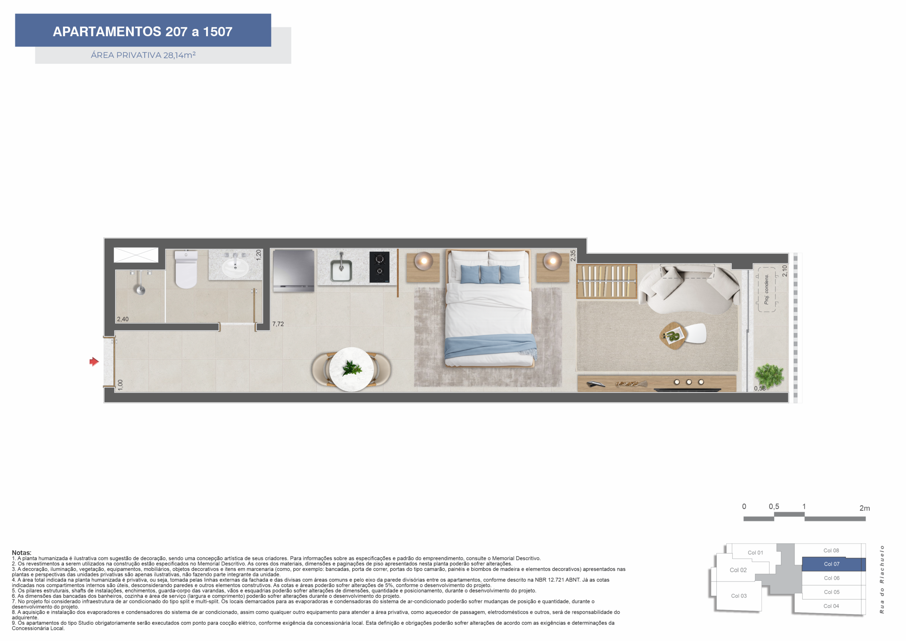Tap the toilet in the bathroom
click(x=186, y=270)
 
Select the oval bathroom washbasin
click(x=235, y=268)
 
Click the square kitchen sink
click(x=341, y=270)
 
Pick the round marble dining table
click(x=351, y=369)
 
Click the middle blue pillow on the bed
click(x=490, y=274)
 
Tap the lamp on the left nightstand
click(x=424, y=261)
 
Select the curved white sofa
click(x=689, y=289)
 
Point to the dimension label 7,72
click(x=278, y=324)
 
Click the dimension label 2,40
click(x=123, y=319)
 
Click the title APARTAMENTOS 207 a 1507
click(x=143, y=32)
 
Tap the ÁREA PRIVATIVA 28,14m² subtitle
click(x=143, y=55)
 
